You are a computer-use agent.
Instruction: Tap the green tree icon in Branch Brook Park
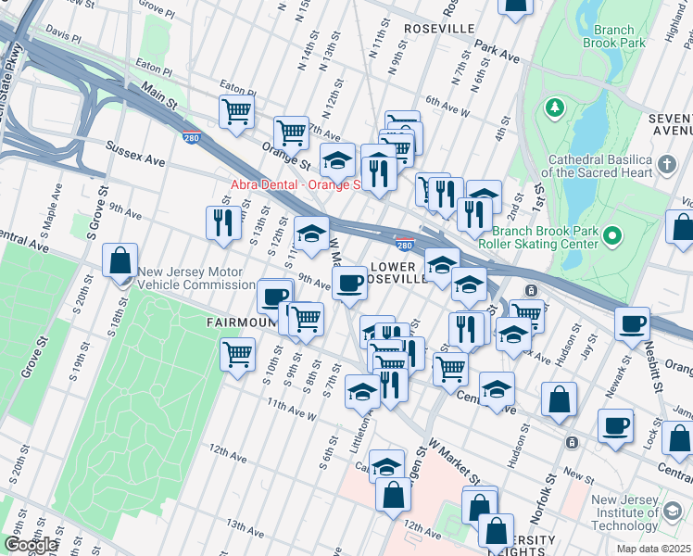pyautogui.click(x=555, y=108)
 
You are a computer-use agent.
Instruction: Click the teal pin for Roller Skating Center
pyautogui.click(x=611, y=238)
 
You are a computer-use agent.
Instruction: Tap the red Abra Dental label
pyautogui.click(x=294, y=184)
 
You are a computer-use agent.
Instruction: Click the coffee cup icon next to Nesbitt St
pyautogui.click(x=634, y=324)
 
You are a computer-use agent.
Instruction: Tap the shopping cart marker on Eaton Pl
pyautogui.click(x=237, y=112)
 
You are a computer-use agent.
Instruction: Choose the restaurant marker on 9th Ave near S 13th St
pyautogui.click(x=222, y=222)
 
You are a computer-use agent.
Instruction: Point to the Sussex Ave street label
pyautogui.click(x=135, y=154)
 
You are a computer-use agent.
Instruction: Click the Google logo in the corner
pyautogui.click(x=30, y=545)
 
